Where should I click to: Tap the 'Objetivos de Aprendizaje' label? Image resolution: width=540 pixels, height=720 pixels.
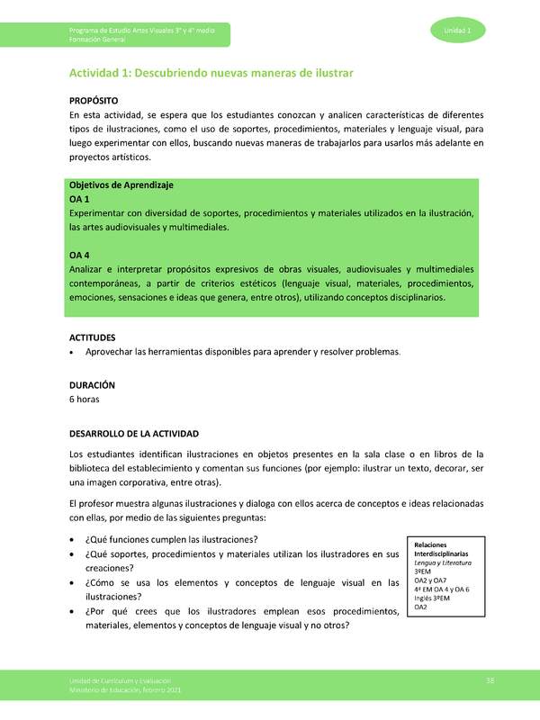pos(121,184)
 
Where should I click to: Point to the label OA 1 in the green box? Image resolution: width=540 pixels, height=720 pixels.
pos(79,198)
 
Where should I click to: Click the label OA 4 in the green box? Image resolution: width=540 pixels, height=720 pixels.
pos(79,256)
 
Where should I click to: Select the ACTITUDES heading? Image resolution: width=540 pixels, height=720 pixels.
pos(95,337)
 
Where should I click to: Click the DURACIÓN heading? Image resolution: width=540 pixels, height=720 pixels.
pos(92,384)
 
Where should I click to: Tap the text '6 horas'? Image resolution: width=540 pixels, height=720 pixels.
pos(85,399)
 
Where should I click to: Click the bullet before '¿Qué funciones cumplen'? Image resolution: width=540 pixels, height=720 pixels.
pos(72,540)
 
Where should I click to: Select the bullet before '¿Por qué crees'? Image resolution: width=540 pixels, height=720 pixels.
pos(72,612)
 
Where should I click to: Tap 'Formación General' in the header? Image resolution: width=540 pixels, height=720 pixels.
pos(100,40)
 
